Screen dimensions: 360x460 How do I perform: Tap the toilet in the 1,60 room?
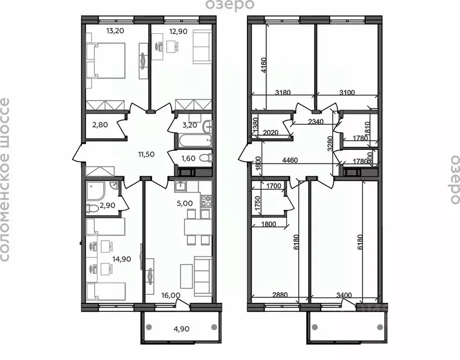click(x=204, y=158)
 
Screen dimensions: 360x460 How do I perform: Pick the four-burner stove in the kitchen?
click(x=206, y=202)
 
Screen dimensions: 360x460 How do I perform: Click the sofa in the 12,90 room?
click(x=202, y=45)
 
